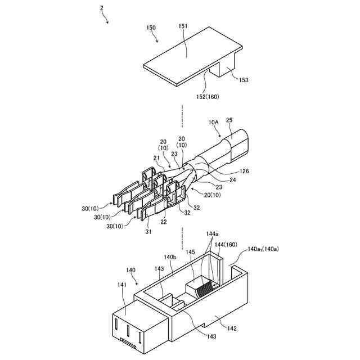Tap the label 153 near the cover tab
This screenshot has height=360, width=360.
pos(243,80)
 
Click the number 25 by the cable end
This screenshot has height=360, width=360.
pos(229,120)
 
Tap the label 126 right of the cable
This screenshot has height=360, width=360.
pos(244,171)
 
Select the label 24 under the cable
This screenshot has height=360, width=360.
pos(233,180)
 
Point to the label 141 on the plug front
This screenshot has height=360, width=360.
pos(122,285)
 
